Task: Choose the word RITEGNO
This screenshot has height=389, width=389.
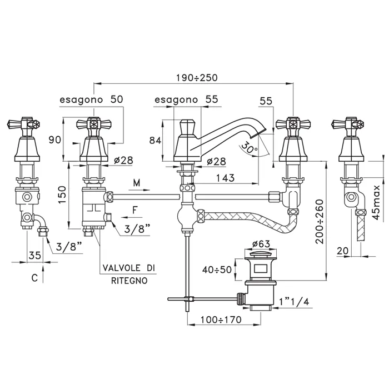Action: tap(129, 281)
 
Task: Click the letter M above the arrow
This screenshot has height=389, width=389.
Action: tap(137, 182)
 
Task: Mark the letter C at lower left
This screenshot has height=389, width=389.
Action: tap(34, 278)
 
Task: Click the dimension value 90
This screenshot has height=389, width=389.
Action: tap(54, 140)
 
